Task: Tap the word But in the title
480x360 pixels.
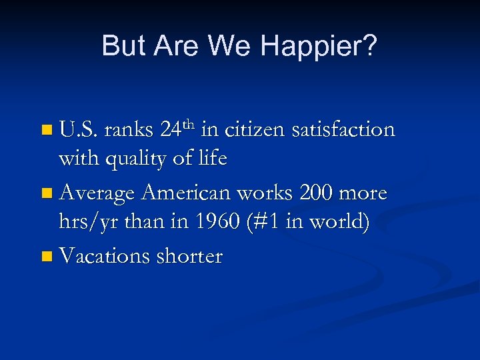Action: click(x=123, y=46)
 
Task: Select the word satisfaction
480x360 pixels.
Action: click(x=343, y=130)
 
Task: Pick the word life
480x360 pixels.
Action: click(x=212, y=160)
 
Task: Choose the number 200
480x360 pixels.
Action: click(x=316, y=194)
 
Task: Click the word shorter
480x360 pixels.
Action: click(x=190, y=257)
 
